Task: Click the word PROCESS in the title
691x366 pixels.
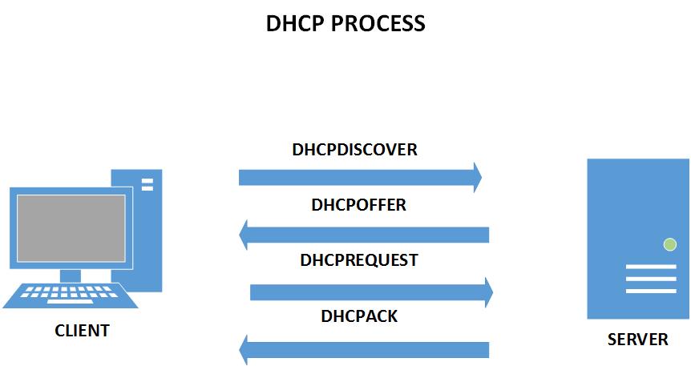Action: coord(378,23)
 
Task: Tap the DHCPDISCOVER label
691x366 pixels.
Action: coord(355,150)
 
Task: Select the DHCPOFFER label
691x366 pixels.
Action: coord(358,205)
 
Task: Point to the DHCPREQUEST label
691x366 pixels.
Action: coord(358,260)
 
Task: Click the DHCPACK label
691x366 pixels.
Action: coord(359,316)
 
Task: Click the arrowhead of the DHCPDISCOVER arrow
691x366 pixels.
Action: coord(478,178)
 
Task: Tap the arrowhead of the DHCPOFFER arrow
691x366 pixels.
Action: coord(243,235)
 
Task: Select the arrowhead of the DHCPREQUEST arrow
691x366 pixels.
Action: coord(489,292)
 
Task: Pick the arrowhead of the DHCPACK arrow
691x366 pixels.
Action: coord(243,350)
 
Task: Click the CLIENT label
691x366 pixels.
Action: coord(82,331)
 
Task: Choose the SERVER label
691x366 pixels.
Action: coord(637,340)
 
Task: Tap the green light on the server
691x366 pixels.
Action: coord(670,244)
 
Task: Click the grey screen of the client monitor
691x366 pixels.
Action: coord(71,228)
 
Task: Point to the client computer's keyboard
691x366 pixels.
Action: coord(71,296)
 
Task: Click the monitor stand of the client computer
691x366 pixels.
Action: coord(70,276)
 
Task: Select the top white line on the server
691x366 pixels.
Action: coord(651,267)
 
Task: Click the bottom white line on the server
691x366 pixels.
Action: coord(651,291)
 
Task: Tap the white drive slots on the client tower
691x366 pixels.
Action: coord(147,184)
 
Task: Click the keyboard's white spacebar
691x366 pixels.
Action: coord(70,302)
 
